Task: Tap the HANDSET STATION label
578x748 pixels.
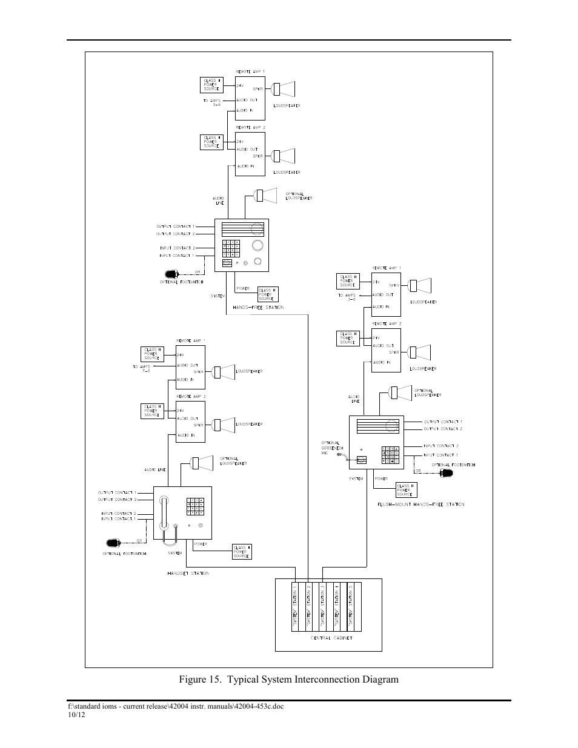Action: (188, 573)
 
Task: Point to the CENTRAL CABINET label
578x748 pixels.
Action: (331, 638)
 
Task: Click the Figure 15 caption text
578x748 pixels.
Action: (288, 679)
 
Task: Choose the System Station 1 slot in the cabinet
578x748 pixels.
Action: (295, 606)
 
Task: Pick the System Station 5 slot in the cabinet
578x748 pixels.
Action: (350, 606)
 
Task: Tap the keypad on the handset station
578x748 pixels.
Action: (195, 506)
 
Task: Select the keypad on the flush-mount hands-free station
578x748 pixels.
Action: (391, 455)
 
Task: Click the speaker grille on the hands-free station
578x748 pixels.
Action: (243, 230)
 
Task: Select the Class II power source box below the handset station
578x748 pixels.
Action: (241, 552)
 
